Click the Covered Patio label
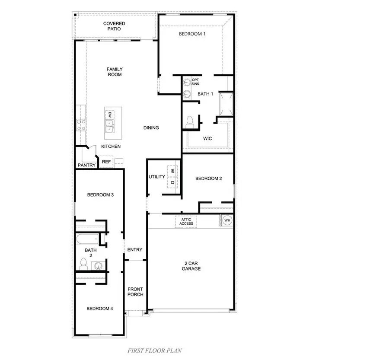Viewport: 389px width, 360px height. point(114,26)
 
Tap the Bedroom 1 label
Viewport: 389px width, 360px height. point(192,34)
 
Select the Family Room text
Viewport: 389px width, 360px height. point(115,72)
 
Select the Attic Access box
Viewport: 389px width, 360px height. point(186,221)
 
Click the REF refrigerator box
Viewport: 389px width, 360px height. point(106,162)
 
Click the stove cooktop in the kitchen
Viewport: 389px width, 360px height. point(81,125)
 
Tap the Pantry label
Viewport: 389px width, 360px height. point(86,165)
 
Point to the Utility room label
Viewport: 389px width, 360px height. point(157,177)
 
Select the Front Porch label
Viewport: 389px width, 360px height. point(135,292)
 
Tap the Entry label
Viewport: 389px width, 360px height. point(135,250)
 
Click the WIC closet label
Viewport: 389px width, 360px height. point(208,139)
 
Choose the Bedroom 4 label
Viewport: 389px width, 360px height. point(100,309)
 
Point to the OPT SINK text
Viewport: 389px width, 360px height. point(195,81)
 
